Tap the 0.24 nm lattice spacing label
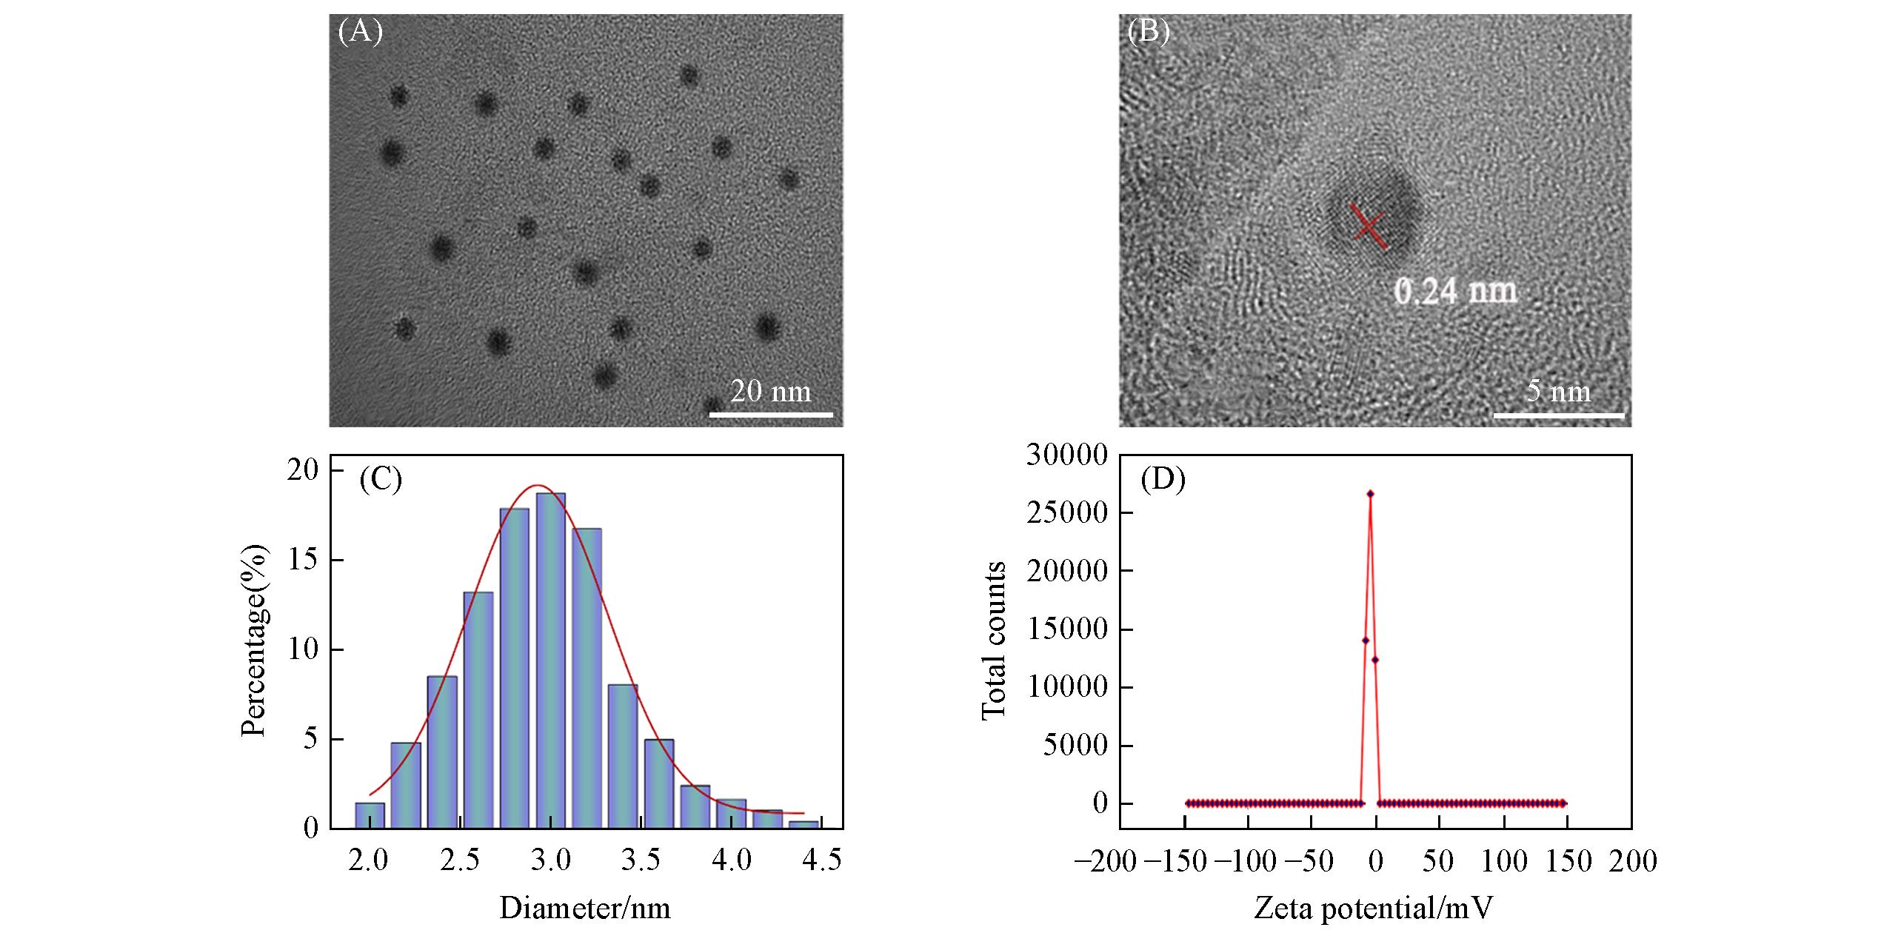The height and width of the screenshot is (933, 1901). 1455,291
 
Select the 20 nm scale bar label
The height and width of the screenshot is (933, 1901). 771,390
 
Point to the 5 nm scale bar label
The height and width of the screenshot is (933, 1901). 1558,390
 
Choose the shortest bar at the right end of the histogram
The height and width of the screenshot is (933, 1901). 804,823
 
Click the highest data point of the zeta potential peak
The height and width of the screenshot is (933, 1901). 1370,493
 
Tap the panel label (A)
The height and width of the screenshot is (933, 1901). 360,32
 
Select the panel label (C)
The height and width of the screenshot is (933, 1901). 381,480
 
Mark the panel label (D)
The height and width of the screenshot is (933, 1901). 1163,480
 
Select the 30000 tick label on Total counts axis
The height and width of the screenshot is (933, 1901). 1066,456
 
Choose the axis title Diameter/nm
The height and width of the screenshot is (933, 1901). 585,908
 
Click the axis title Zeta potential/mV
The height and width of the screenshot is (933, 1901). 1373,908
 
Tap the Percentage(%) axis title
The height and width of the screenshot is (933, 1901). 253,641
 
